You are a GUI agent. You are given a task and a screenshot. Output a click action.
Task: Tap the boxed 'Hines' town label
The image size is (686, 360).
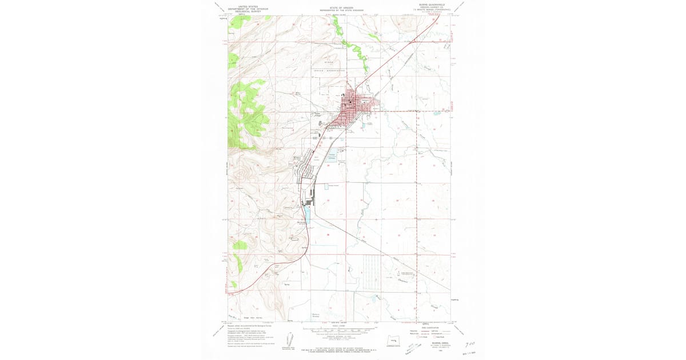[x=297, y=158]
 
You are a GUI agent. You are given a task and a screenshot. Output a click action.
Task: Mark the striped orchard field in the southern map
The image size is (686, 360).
[x=371, y=272]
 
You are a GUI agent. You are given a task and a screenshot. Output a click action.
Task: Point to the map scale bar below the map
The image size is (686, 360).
[x=343, y=330]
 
